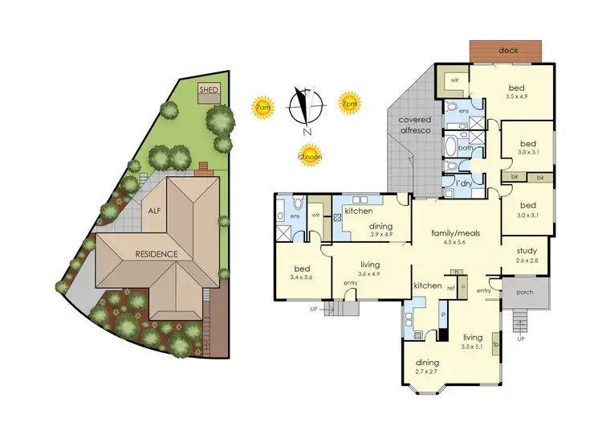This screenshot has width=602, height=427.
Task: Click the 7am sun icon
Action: pos(262,108)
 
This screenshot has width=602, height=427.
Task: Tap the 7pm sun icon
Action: pos(350,103)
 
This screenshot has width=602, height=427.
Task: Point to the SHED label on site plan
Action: pos(209,89)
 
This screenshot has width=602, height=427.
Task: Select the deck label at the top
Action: pos(509,50)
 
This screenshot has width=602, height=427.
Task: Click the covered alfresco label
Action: pos(417,125)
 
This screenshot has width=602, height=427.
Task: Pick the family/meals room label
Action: pos(456,233)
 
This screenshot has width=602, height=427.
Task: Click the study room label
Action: pos(527,250)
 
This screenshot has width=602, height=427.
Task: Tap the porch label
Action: pos(526,292)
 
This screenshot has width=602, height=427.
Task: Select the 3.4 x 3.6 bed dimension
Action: pos(293,277)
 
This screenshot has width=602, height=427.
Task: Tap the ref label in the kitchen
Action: pos(450,288)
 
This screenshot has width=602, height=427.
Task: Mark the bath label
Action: pos(465,147)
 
